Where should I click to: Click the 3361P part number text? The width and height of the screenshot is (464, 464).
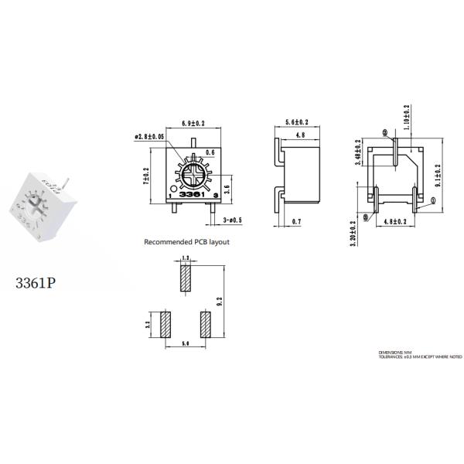tap(35, 282)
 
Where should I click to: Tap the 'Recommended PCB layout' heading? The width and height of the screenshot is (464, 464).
tap(186, 242)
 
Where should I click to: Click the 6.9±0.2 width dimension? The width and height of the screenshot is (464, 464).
tap(193, 124)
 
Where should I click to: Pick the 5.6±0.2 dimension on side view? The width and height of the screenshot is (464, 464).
tap(297, 123)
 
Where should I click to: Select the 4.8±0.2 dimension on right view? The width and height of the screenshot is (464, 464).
tap(396, 222)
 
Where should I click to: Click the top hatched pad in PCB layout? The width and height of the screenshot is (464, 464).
tap(184, 278)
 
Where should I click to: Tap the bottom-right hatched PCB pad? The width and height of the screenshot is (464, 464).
tap(205, 325)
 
